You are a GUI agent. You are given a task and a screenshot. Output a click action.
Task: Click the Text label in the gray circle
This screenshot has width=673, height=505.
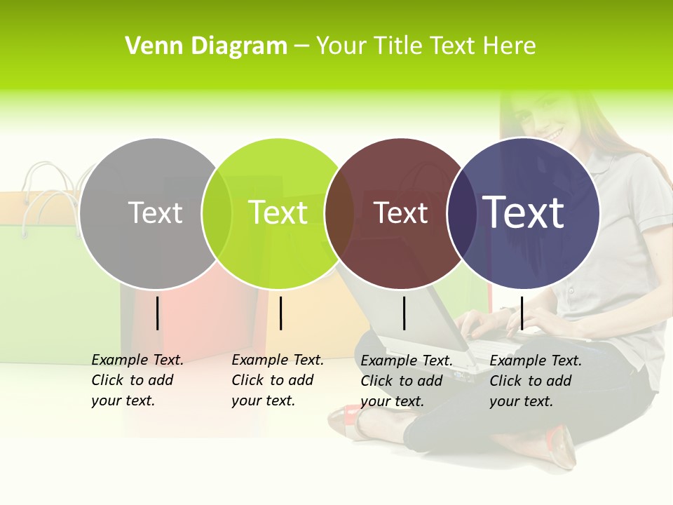pos(155,213)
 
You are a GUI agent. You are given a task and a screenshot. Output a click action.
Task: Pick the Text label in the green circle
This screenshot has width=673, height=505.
pos(278,213)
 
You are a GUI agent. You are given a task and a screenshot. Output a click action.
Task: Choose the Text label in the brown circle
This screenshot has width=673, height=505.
pos(400,213)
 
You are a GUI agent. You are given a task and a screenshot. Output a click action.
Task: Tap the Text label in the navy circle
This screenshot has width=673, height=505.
pos(524,213)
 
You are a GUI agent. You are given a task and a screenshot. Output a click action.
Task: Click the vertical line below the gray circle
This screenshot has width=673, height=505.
pos(158,313)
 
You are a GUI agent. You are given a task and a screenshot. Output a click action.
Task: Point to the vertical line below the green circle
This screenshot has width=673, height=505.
pos(280,313)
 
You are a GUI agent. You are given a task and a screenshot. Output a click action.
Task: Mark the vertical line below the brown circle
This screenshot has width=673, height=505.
pos(404,313)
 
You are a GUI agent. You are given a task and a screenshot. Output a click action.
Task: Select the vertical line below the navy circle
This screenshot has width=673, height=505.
pos(522,313)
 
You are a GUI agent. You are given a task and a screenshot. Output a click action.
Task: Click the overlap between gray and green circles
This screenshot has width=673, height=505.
pos(217,213)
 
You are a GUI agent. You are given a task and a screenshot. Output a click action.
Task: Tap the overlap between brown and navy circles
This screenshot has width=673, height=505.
pos(462,213)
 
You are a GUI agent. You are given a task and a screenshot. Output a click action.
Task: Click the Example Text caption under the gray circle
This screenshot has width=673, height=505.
pos(137,380)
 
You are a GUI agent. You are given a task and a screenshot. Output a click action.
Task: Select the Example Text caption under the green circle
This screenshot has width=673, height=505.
pos(278,380)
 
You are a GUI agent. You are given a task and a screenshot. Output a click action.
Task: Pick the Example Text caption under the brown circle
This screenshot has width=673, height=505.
pos(407,381)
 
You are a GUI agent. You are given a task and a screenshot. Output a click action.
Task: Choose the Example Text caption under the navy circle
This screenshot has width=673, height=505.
pos(536,381)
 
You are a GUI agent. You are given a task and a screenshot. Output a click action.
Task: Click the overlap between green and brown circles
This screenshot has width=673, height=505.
pos(340,213)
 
